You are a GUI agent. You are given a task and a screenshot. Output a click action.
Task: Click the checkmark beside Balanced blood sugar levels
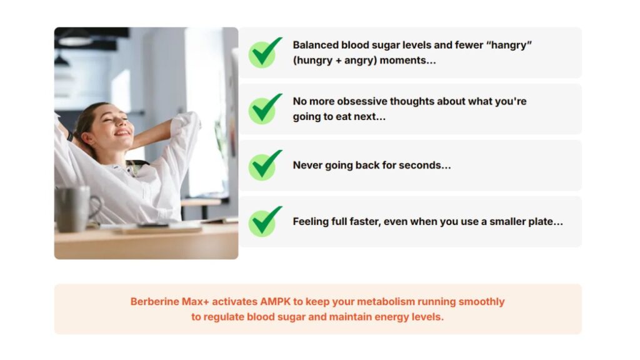click(x=264, y=53)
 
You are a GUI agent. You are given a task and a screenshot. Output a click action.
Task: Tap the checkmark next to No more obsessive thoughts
click(x=264, y=109)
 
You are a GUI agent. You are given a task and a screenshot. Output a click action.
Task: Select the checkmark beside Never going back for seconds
click(x=264, y=166)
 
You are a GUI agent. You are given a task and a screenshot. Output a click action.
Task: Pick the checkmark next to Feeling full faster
click(x=264, y=222)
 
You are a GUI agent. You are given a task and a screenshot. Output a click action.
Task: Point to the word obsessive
click(x=362, y=101)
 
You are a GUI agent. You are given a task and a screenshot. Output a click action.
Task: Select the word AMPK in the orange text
click(x=275, y=302)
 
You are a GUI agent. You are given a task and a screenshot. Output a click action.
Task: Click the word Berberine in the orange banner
click(x=155, y=302)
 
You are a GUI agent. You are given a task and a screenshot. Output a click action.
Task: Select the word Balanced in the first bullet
click(x=316, y=45)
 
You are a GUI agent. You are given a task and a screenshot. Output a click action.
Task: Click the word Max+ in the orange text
click(x=195, y=302)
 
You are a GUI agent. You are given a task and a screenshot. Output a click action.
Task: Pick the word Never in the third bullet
click(x=307, y=165)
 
